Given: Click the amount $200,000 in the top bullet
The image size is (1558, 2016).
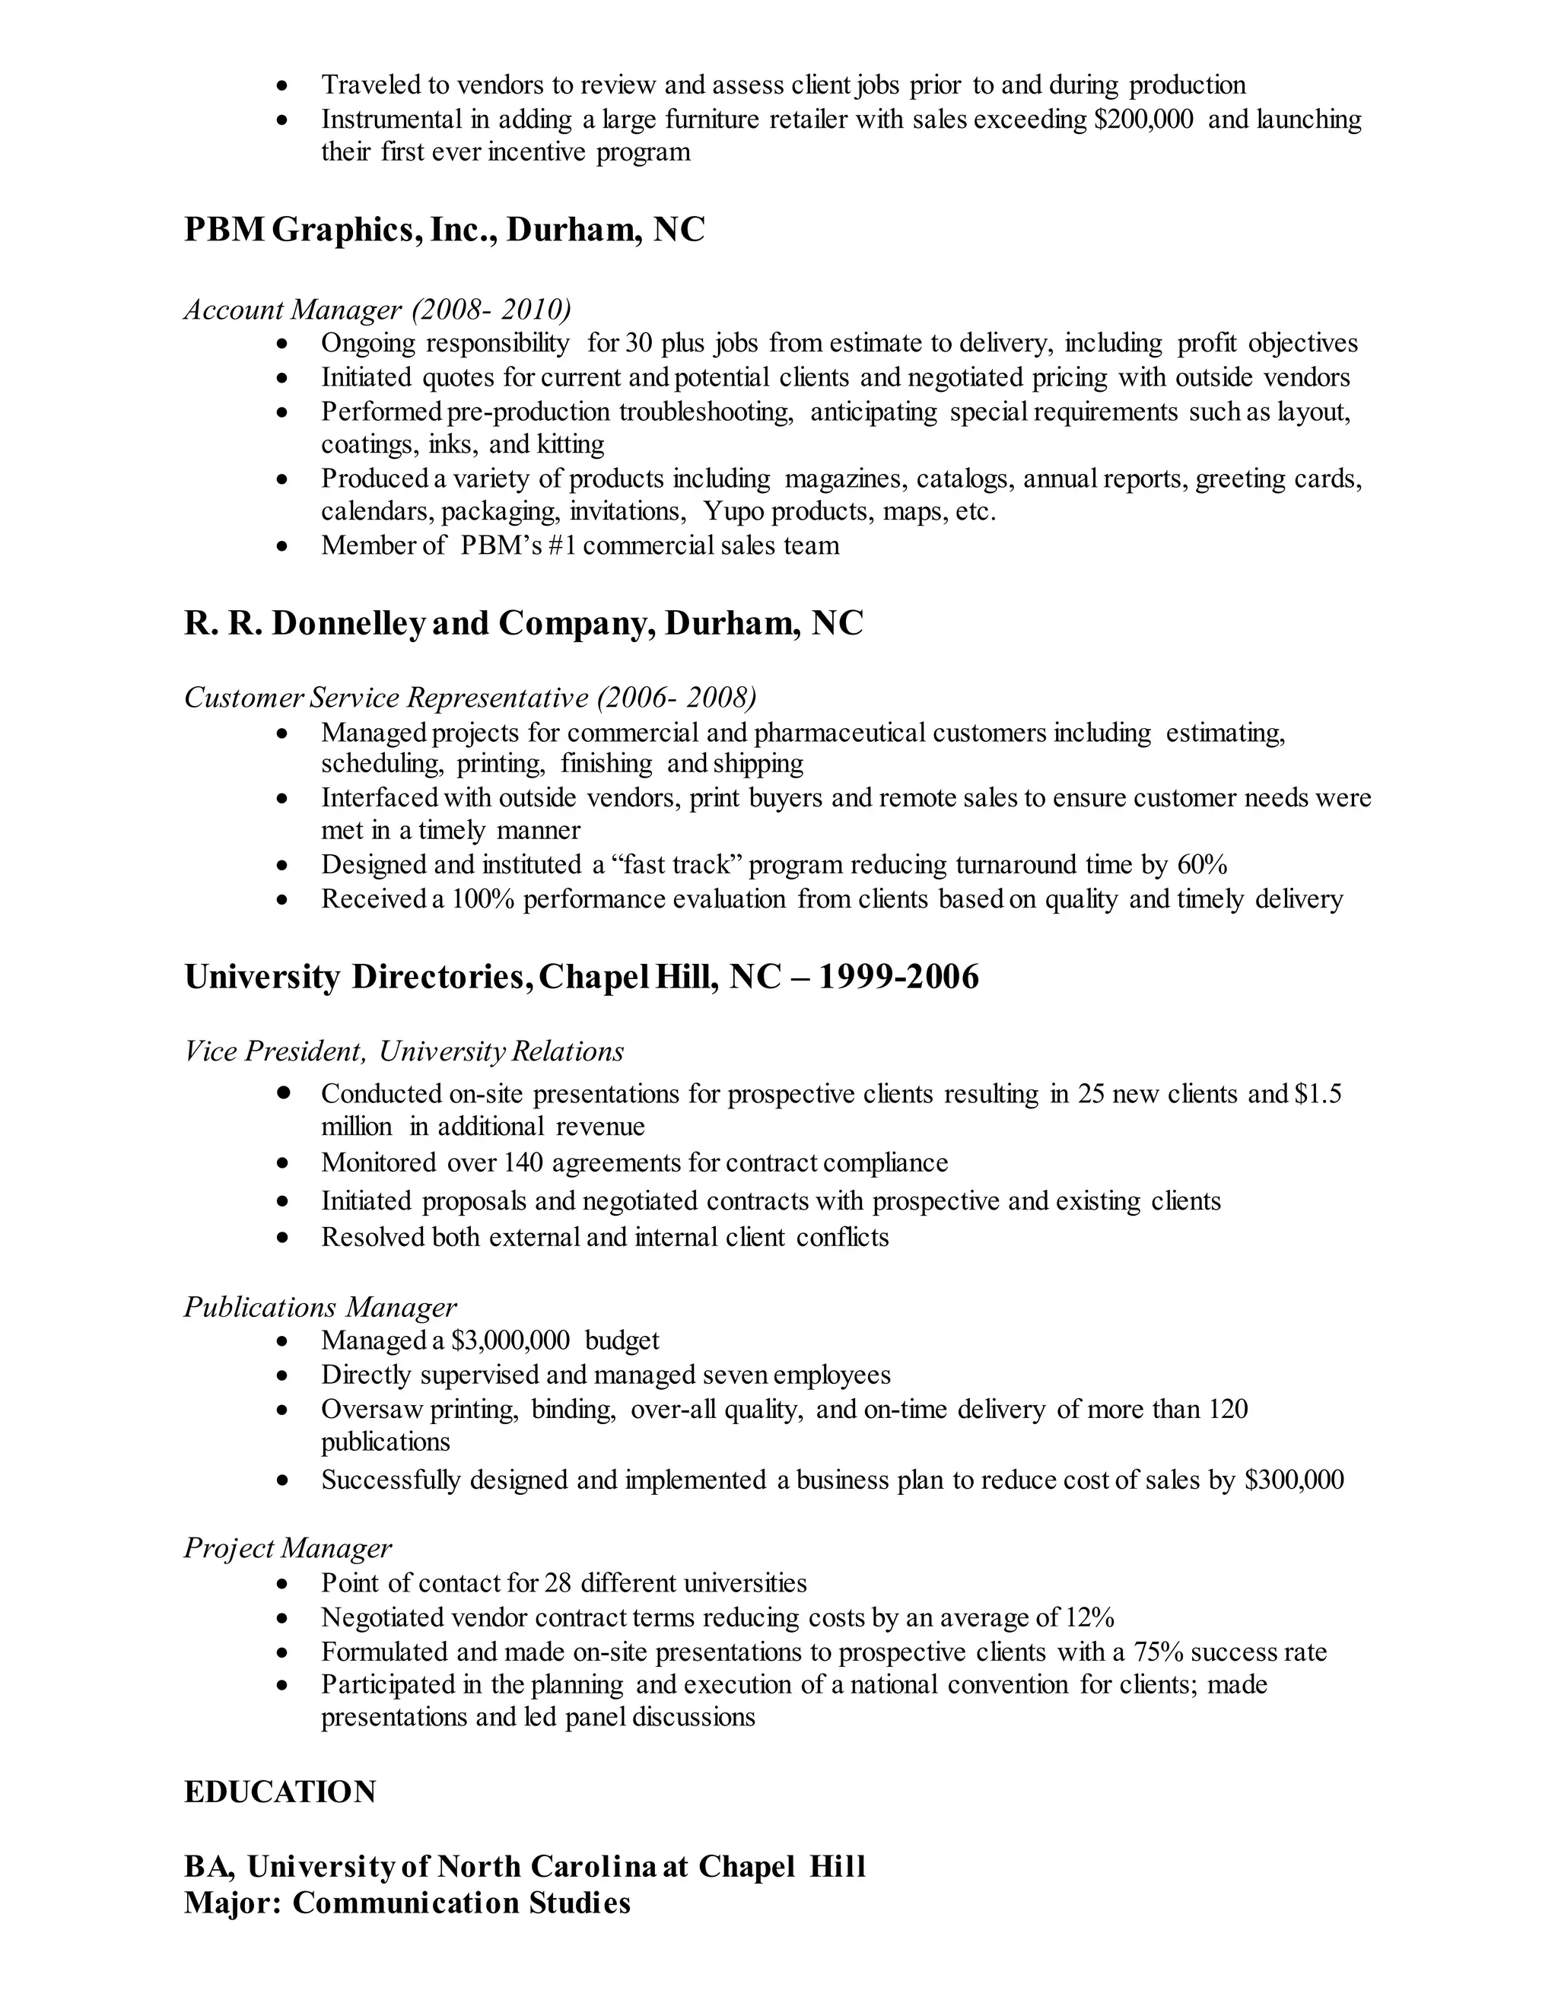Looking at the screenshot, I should [1143, 119].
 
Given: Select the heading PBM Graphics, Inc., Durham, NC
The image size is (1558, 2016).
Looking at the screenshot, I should [444, 229].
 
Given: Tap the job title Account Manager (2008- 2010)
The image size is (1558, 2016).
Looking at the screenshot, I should [377, 308].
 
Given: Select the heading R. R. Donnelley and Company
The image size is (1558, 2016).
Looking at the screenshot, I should [523, 623].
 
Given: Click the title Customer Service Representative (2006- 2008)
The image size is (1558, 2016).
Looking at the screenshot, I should [470, 697].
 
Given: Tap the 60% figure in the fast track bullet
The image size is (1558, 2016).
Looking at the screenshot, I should [1202, 865].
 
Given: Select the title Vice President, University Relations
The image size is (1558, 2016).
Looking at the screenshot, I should [403, 1051].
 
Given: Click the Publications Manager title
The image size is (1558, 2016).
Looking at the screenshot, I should [320, 1306].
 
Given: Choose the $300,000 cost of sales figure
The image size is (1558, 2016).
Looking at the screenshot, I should [1294, 1480].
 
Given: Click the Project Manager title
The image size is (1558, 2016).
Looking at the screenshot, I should [287, 1548].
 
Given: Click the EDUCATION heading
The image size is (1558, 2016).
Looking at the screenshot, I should [280, 1792].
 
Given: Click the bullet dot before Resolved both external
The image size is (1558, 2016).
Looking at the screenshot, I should [283, 1237].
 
